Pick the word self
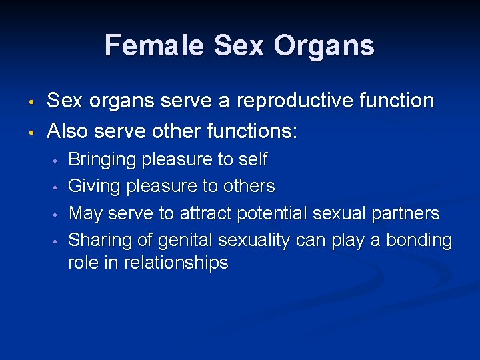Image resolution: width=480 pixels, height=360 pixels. click(253, 160)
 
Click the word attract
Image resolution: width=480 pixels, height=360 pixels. click(205, 213)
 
